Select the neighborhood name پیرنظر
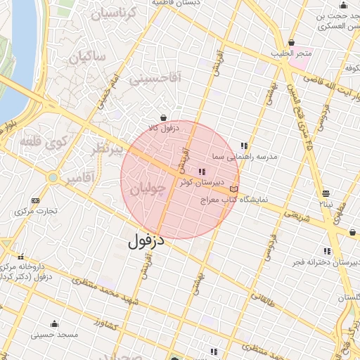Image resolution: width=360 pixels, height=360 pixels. coord(109,149)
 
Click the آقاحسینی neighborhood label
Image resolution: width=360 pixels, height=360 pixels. coord(156,79)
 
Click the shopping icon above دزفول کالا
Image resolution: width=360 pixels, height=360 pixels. coord(163,117)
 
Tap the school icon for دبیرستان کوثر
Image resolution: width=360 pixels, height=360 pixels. coord(202,171)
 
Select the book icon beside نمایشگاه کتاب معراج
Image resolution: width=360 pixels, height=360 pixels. coord(233,188)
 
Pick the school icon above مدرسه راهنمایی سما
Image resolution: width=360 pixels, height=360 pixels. coord(244,146)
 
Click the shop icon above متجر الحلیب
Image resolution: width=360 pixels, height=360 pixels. coord(291,42)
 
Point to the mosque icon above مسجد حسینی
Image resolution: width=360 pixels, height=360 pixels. coord(54,324)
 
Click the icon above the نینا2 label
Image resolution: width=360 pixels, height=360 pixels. coord(326,193)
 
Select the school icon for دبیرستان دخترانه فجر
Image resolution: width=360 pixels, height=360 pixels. coord(326,251)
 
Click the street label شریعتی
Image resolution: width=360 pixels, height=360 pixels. coord(297,217)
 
